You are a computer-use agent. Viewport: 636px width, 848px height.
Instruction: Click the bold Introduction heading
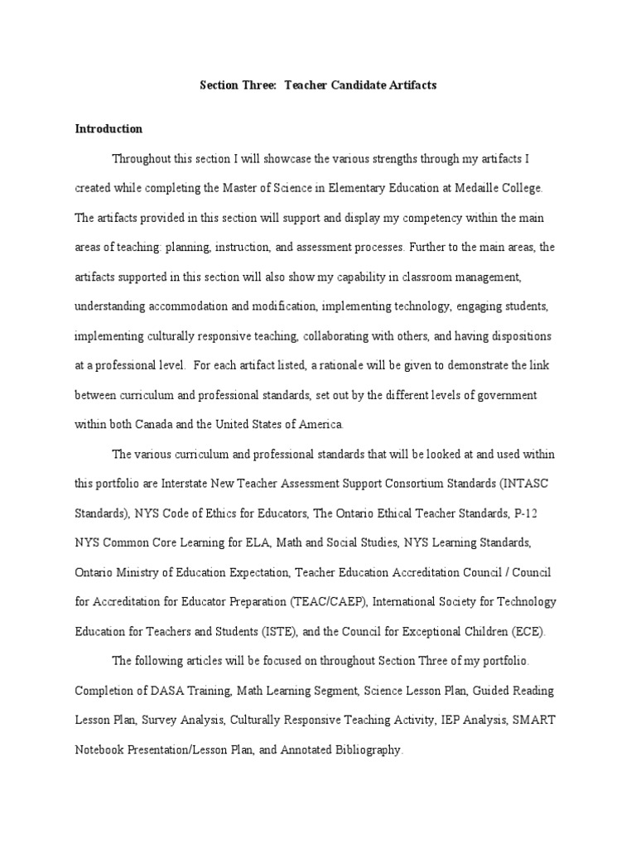(108, 129)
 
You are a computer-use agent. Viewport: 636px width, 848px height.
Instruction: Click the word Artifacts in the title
(403, 85)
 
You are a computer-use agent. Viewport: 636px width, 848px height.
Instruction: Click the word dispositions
(522, 336)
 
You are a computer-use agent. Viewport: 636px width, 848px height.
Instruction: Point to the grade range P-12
(525, 513)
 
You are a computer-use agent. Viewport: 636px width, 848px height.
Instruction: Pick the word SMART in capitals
(533, 720)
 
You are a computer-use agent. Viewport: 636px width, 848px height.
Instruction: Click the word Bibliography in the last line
(360, 750)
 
